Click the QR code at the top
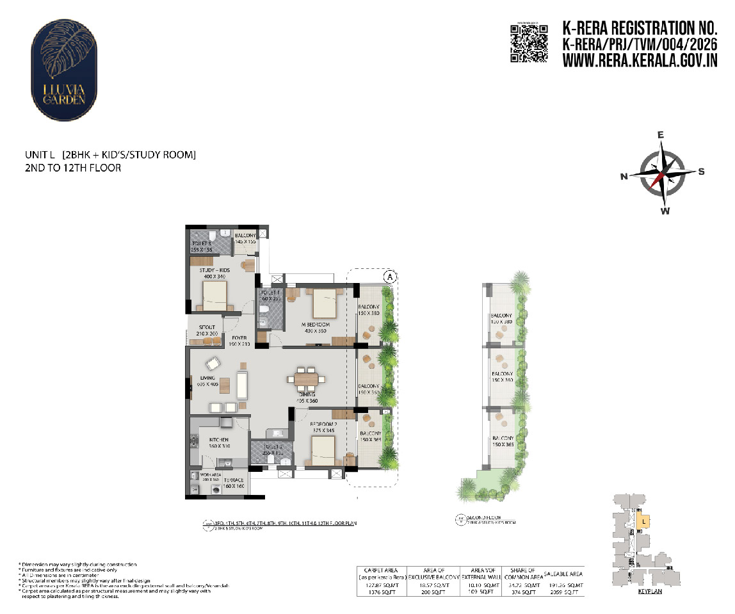529,43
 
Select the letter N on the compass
624,177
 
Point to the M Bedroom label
316,325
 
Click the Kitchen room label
219,440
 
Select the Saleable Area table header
563,574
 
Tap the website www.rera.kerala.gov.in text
639,61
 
